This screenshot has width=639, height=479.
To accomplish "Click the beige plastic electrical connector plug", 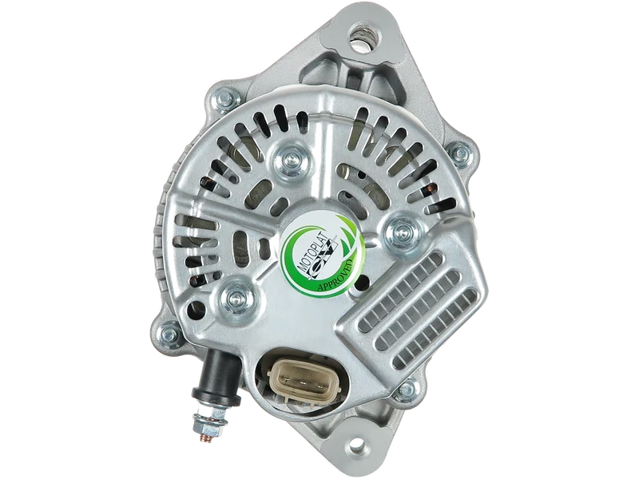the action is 302,382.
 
